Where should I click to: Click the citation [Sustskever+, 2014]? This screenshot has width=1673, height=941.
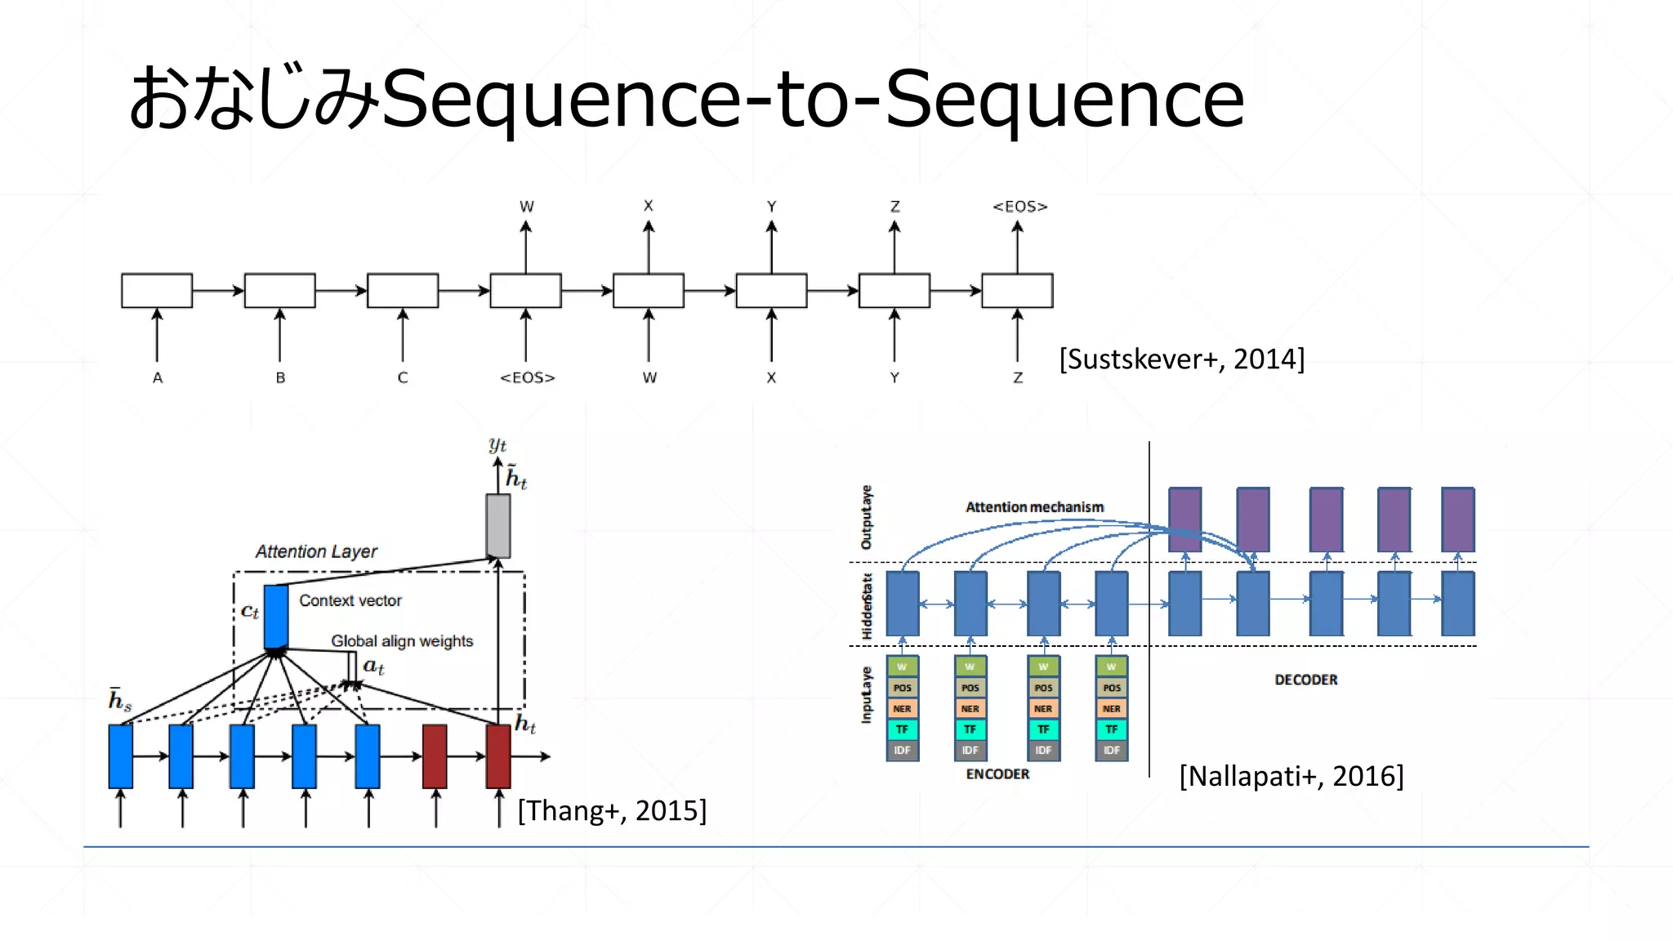click(1181, 359)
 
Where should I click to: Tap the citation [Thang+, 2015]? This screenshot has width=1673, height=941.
click(612, 810)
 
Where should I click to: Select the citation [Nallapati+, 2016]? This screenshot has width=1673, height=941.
click(1291, 775)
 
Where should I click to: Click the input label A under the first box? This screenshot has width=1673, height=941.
click(158, 377)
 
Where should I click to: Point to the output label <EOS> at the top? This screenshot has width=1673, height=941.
click(1019, 207)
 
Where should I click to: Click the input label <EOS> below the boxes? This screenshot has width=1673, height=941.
click(527, 377)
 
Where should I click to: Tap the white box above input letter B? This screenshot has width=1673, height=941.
click(279, 291)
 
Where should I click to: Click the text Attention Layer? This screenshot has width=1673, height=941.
click(316, 551)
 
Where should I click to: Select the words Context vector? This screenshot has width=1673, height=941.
click(350, 600)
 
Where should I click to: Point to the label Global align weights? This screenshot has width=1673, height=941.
click(402, 641)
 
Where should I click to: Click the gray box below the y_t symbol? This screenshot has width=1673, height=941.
click(497, 525)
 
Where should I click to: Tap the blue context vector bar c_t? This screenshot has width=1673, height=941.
click(276, 617)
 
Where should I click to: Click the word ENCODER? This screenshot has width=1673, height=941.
click(997, 774)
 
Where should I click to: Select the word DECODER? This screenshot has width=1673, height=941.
click(1305, 680)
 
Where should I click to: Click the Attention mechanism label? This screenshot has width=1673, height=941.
click(1034, 507)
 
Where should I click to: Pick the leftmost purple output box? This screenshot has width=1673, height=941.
click(1184, 520)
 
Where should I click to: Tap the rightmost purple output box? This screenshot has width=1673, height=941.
click(1457, 520)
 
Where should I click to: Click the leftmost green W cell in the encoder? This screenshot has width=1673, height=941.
click(902, 667)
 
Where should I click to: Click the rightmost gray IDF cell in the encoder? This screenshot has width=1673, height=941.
click(1111, 750)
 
